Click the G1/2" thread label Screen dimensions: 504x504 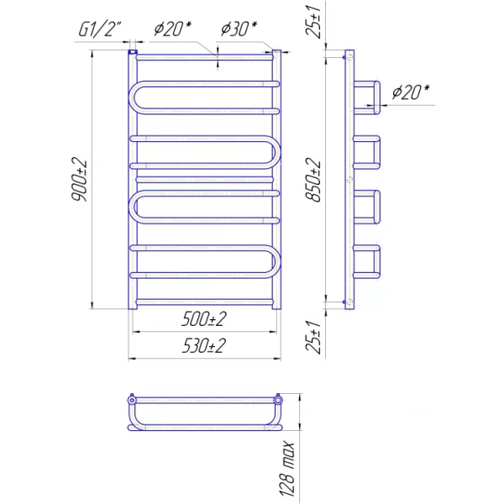[100, 29]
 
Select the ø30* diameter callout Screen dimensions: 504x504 [239, 29]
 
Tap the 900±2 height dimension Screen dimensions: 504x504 [80, 180]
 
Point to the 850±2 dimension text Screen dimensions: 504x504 [313, 180]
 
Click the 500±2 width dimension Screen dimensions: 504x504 [204, 319]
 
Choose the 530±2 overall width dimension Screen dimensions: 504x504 [204, 346]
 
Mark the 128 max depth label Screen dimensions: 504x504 [286, 469]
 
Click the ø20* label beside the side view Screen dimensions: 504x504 [411, 92]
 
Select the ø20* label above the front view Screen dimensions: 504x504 [172, 29]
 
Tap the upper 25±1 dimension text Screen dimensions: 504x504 [313, 22]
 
